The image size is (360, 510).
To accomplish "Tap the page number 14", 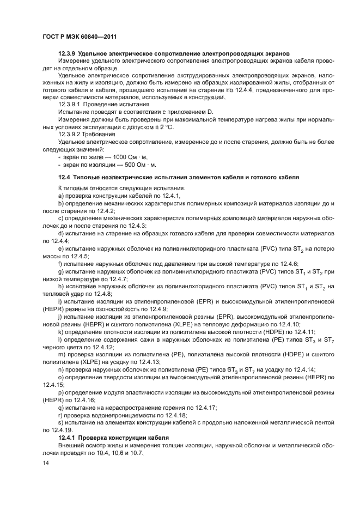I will click(x=46, y=463).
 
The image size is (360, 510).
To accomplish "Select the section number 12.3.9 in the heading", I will click(x=67, y=53).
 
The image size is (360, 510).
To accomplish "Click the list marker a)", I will click(x=61, y=195).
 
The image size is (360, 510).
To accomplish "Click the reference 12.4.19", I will click(x=56, y=430).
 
